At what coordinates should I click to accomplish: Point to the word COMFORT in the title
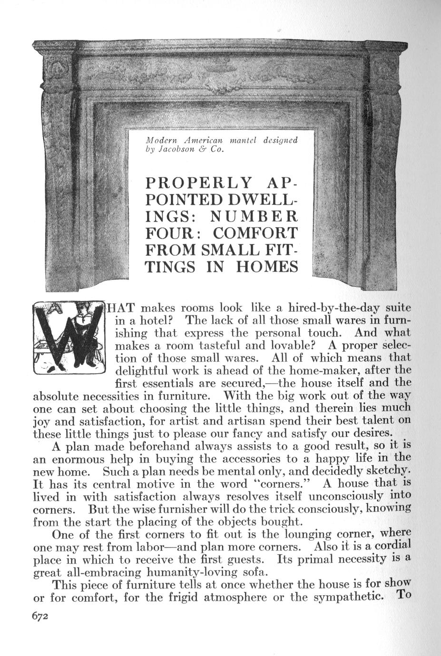[255, 233]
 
